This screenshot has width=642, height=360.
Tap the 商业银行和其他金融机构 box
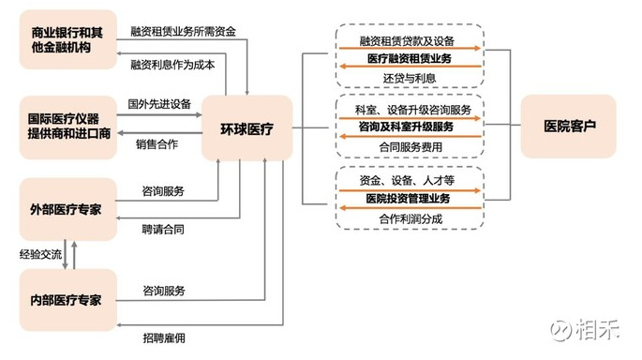click(x=67, y=39)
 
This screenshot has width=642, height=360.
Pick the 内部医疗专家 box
click(x=67, y=299)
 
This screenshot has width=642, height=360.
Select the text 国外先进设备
click(x=158, y=104)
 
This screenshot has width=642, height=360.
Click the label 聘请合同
click(x=163, y=227)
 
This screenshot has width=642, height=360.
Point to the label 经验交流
click(x=40, y=253)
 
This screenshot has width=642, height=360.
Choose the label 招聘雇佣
click(x=163, y=337)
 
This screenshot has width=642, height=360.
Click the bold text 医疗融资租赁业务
click(x=408, y=58)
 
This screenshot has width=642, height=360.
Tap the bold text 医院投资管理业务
click(x=408, y=198)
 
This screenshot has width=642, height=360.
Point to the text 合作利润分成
click(x=410, y=217)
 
